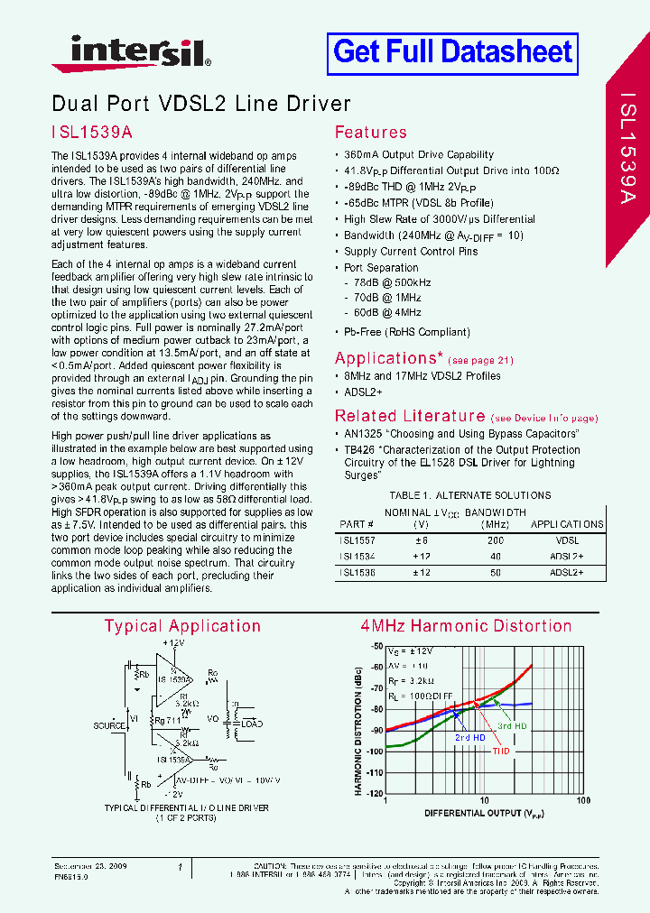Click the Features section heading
click(x=370, y=133)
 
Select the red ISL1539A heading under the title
click(x=91, y=132)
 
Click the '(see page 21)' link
click(x=481, y=360)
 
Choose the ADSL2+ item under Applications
click(x=364, y=392)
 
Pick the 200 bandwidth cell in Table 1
click(x=489, y=540)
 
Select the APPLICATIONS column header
click(x=567, y=524)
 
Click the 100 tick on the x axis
click(x=583, y=801)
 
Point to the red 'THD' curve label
click(x=501, y=750)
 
